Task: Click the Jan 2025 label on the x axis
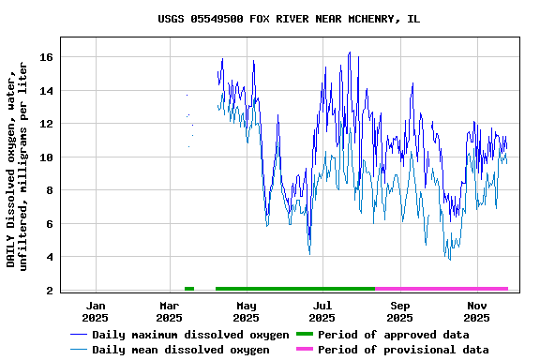pyautogui.click(x=95, y=311)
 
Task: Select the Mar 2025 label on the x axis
pyautogui.click(x=170, y=311)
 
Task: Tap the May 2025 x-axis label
pyautogui.click(x=247, y=311)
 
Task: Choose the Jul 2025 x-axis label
pyautogui.click(x=322, y=311)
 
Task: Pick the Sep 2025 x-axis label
pyautogui.click(x=400, y=311)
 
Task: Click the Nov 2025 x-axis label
pyautogui.click(x=477, y=311)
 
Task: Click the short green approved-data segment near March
pyautogui.click(x=189, y=289)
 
